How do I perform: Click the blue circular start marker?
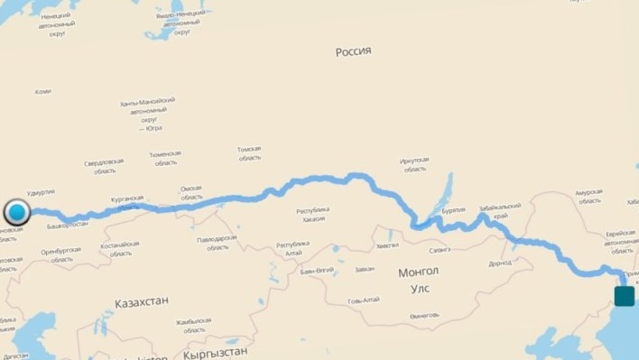[17, 214]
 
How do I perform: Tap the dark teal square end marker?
[624, 296]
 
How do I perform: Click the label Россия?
[354, 51]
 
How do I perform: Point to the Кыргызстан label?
[214, 354]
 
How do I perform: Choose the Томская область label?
[249, 152]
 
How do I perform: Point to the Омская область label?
[191, 192]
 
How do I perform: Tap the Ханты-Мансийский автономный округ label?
[147, 114]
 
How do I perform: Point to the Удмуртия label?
[42, 191]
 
